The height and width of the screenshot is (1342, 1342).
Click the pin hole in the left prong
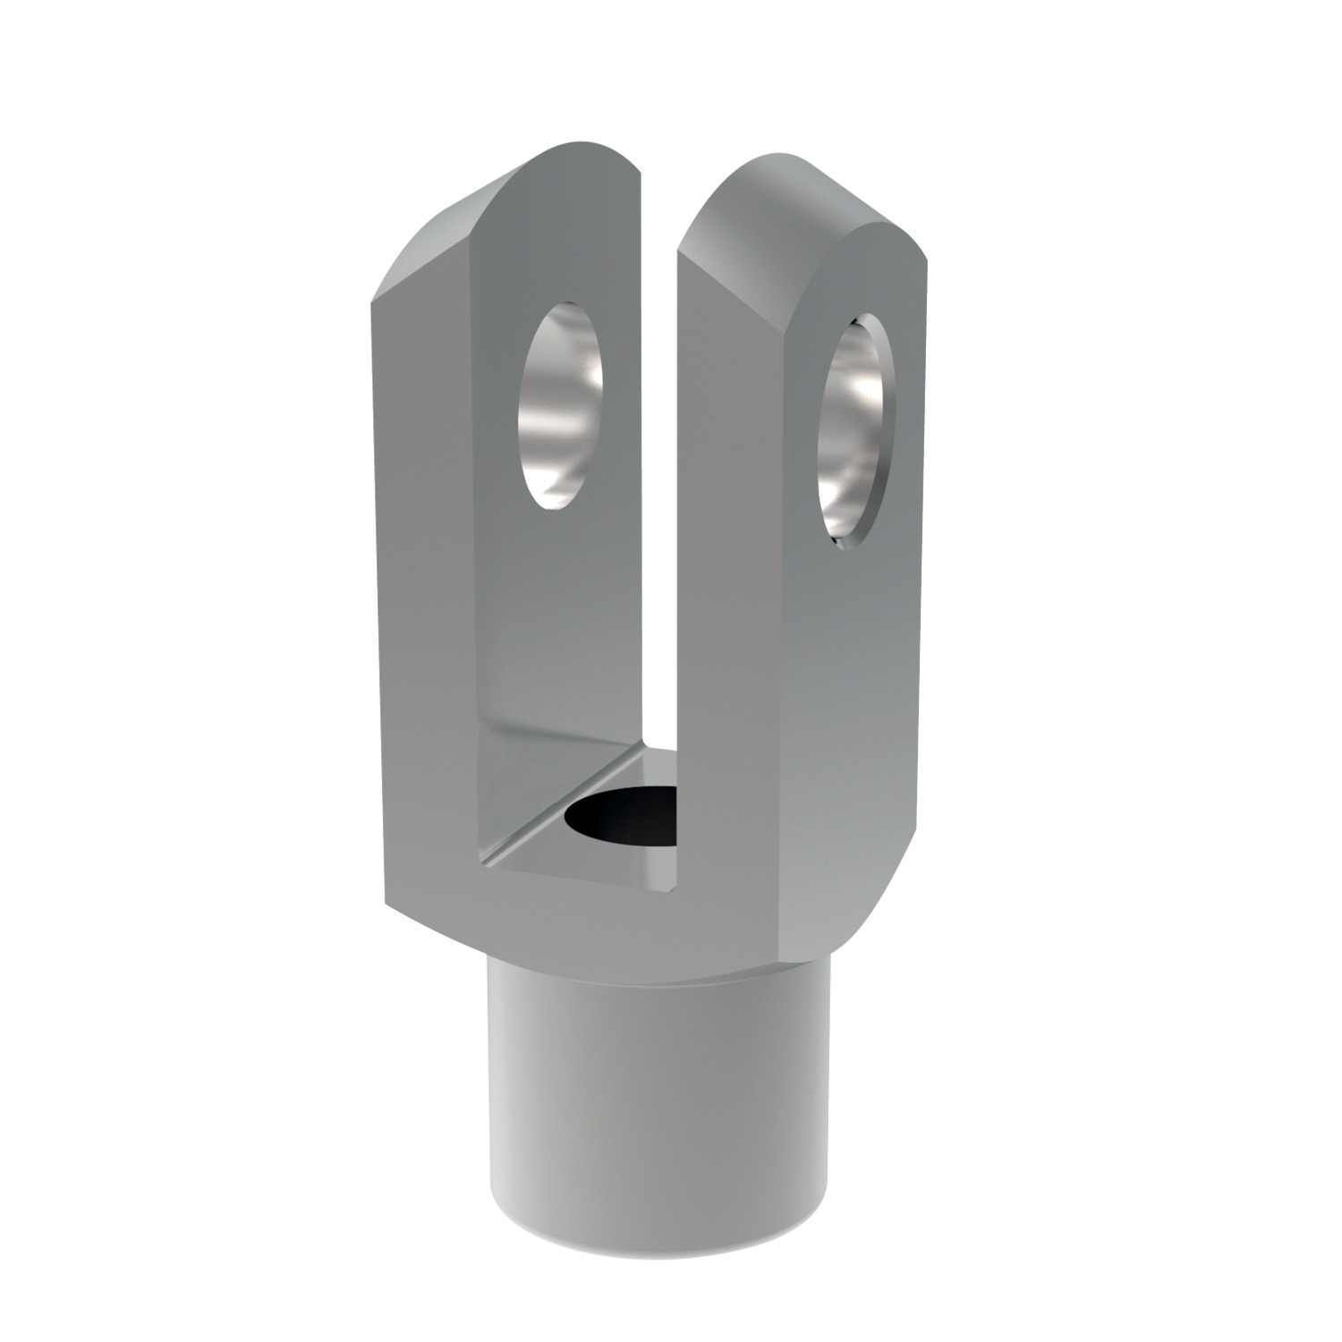pyautogui.click(x=559, y=405)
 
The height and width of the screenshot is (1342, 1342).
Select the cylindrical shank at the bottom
pyautogui.click(x=658, y=1118)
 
